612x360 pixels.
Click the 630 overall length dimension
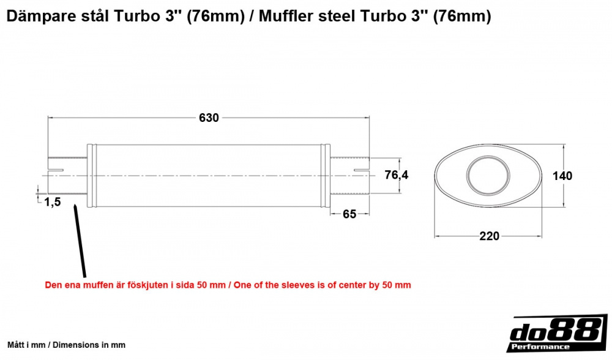tap(209, 118)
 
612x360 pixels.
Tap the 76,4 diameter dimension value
tap(397, 176)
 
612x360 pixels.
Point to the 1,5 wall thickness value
tap(52, 203)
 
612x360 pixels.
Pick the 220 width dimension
tap(490, 236)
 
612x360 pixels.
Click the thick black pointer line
tap(79, 241)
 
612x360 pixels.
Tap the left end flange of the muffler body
tap(92, 176)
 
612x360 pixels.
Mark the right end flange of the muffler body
tap(327, 176)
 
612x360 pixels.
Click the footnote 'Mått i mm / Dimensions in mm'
tap(66, 345)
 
